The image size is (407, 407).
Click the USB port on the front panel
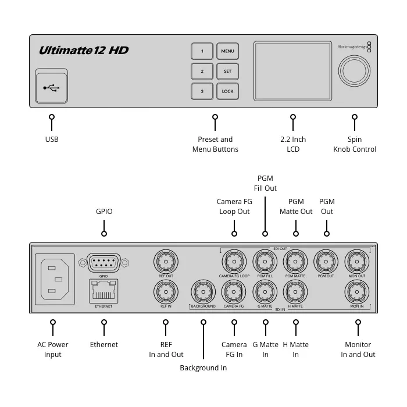pos(51,88)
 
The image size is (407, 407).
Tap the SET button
pos(227,72)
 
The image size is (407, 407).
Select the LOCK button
pos(227,91)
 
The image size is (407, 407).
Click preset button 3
pos(202,91)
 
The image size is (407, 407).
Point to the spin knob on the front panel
pos(355,71)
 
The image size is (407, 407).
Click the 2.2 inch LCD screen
pos(292,71)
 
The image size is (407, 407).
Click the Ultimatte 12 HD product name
pos(83,51)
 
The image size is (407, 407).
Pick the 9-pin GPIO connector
pos(103,263)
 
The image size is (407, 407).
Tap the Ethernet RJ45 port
pos(103,290)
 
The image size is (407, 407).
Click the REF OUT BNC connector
pos(166,262)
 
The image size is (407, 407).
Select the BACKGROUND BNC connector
pos(203,291)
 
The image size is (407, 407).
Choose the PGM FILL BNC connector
pos(265,262)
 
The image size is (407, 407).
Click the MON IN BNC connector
pos(357,291)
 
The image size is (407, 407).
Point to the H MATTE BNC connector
pos(295,291)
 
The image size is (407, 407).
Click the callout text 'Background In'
pos(203,368)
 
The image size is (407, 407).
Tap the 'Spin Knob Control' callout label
pos(355,144)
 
